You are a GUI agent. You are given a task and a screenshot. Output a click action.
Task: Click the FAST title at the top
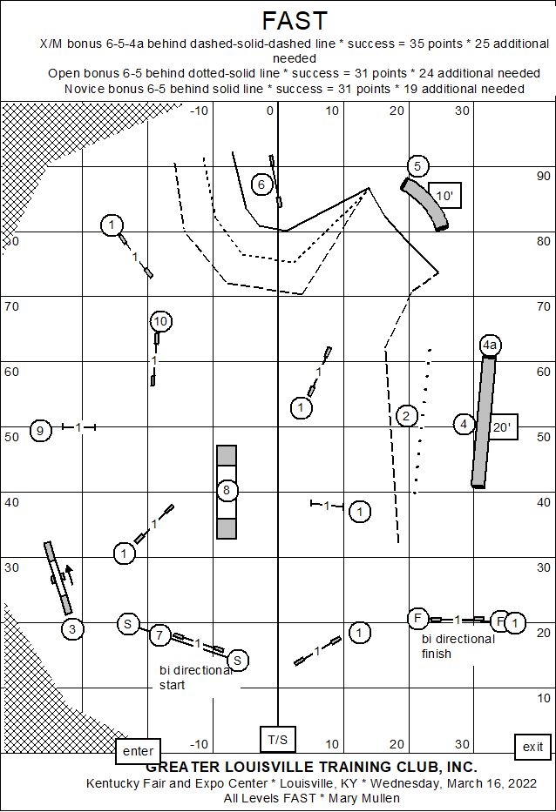(x=295, y=21)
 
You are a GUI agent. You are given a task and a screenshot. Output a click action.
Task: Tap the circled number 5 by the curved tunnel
(x=417, y=166)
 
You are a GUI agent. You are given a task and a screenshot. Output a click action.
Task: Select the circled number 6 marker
(x=261, y=184)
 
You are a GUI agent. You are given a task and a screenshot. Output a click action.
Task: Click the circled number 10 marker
(x=159, y=321)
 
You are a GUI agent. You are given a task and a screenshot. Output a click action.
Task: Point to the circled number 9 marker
(x=40, y=429)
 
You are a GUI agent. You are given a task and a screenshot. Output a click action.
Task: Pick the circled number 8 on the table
(x=227, y=491)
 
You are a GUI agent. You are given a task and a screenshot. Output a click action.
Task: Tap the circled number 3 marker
(x=73, y=628)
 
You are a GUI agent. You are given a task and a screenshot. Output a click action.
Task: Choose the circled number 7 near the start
(x=159, y=634)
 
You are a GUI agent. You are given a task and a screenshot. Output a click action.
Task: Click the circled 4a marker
(x=490, y=346)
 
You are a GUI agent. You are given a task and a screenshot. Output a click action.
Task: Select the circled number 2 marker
(x=406, y=416)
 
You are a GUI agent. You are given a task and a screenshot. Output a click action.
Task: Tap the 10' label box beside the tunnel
(x=444, y=196)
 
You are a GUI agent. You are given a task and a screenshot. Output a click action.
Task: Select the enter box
(x=138, y=751)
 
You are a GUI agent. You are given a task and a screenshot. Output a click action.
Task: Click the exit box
(x=532, y=747)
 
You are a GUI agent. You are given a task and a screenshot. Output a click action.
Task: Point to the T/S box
(x=277, y=739)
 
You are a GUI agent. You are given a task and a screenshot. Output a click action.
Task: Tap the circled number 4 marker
(x=464, y=425)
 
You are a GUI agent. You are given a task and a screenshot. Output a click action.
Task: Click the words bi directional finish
(x=458, y=646)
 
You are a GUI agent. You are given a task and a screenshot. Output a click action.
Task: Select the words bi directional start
(x=194, y=677)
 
